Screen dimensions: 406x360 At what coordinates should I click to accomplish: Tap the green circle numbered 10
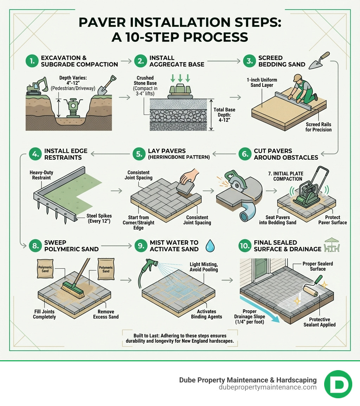245,246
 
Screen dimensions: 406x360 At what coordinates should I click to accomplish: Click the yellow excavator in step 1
37,86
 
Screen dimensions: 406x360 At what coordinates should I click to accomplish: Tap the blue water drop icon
210,246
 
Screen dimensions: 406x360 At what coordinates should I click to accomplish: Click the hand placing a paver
189,176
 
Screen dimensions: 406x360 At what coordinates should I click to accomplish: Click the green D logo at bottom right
338,384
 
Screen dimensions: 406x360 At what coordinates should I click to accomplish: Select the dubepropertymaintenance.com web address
268,387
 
